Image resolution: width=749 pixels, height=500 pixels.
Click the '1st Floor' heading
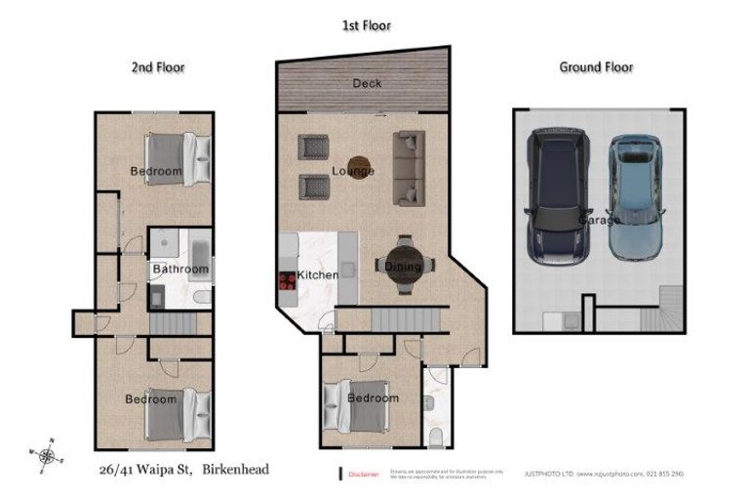coord(366,25)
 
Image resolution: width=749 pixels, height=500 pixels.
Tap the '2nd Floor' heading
coord(158,67)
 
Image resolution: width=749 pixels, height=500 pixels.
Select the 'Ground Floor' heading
coord(595,67)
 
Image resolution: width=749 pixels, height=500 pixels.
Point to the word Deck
coord(367,84)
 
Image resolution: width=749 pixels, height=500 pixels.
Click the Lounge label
coord(353,171)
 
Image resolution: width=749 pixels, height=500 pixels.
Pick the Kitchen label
coord(317,275)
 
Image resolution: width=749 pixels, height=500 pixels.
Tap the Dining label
coord(403,267)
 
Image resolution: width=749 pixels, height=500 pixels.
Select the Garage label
coord(598,221)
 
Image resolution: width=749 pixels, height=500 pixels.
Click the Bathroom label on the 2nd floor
coord(180,270)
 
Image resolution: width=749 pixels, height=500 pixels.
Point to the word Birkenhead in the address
coord(237,470)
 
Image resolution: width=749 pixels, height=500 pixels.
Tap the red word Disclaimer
coord(362,474)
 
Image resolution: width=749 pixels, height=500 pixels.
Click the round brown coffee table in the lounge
coord(358,164)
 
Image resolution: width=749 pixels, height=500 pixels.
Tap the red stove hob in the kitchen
coord(288,280)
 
